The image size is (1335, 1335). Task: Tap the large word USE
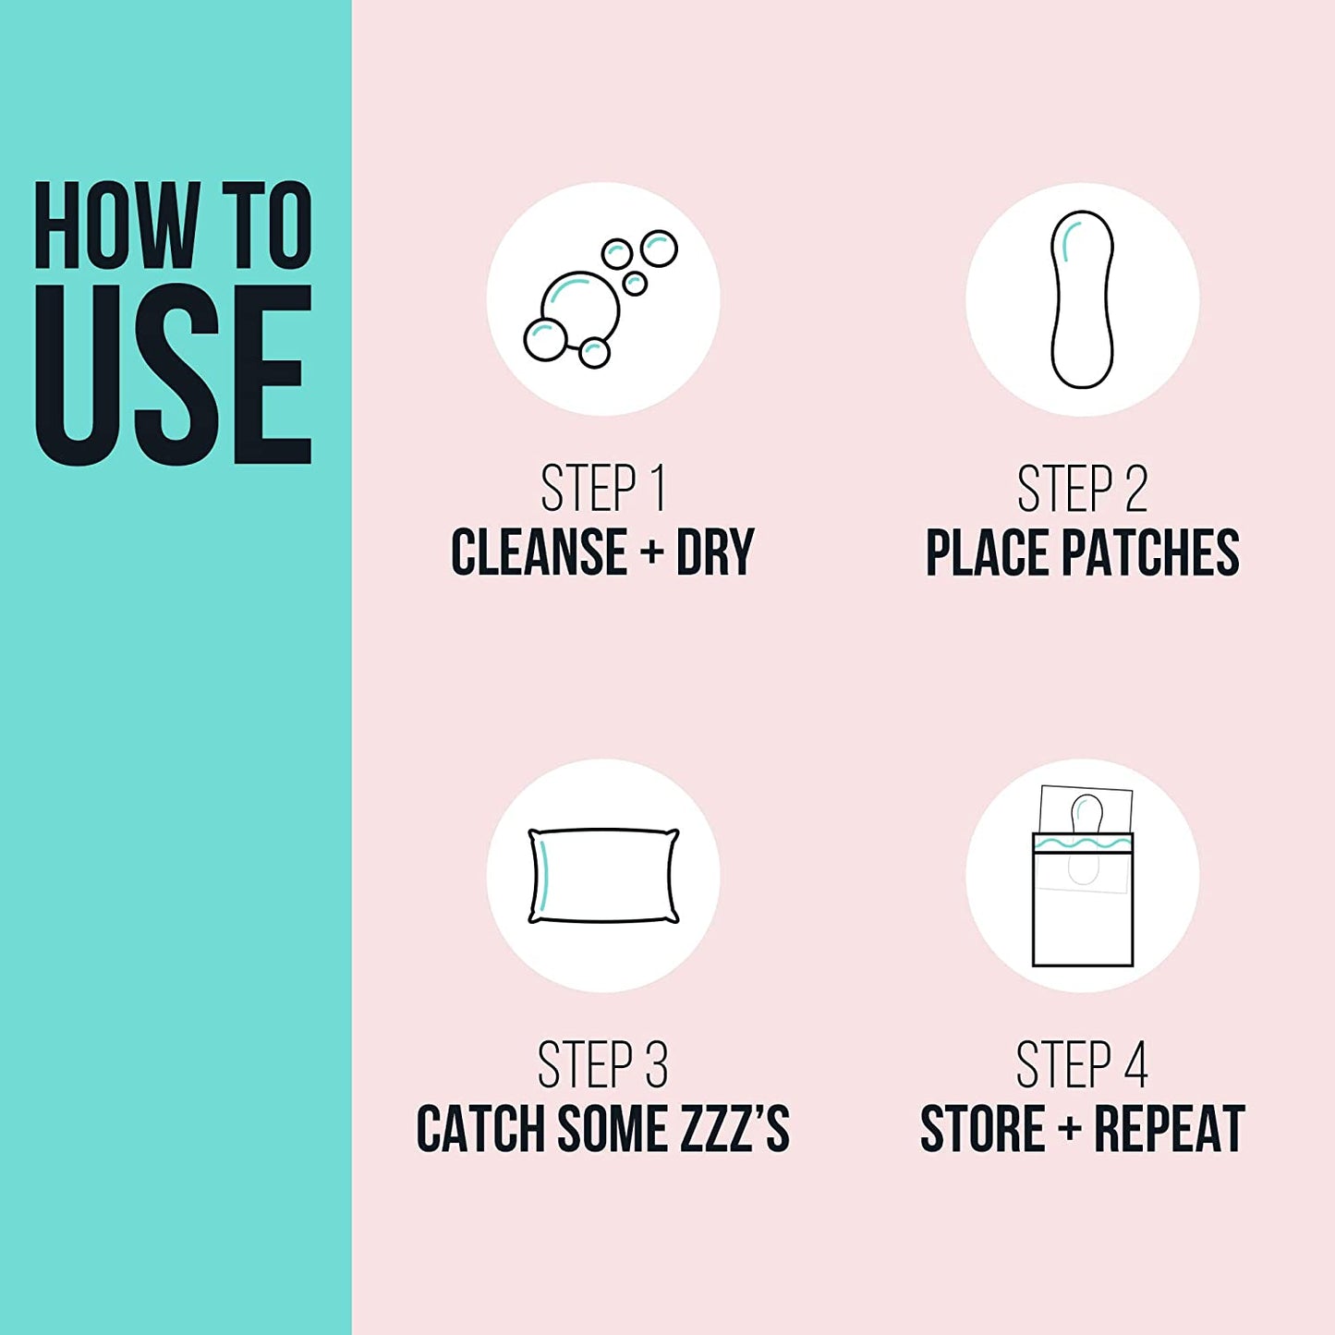point(173,374)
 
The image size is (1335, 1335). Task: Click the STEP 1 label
point(602,489)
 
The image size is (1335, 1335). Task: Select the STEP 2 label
point(1082,489)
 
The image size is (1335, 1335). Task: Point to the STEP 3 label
point(602,1065)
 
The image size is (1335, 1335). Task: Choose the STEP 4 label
point(1082,1065)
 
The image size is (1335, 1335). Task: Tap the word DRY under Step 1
point(715,552)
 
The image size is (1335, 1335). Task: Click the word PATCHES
point(1150,552)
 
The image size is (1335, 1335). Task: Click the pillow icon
point(603,876)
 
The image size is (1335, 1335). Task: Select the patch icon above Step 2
point(1082,298)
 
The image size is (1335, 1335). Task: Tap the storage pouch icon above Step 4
point(1083,876)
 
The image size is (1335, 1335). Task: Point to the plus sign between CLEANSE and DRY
point(652,552)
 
